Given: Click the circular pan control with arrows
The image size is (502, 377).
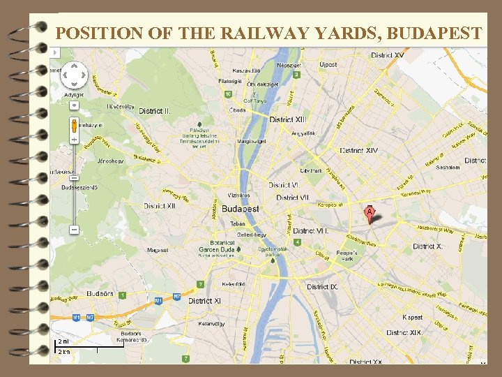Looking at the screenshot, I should coord(74,75).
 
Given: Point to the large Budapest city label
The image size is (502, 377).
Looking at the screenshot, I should coord(240,209).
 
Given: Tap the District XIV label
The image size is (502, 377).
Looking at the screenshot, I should coord(358,150).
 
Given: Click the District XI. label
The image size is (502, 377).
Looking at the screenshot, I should coord(205,301).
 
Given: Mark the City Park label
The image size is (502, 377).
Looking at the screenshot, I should coord(312,170).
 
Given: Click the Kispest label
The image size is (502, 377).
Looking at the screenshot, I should coord(412,318).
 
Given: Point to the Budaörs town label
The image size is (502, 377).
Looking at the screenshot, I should coord(100,294).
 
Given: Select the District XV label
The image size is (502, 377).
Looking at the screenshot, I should coord(387,55).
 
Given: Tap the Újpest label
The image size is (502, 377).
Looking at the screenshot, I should coord(328,65).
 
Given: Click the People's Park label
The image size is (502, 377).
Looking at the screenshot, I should coord(347,256).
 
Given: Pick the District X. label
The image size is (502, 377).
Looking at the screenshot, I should coord(427,246).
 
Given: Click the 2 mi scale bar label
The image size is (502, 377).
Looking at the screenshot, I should coord(63,341).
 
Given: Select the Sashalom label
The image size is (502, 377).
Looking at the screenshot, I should coord(448,168).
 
